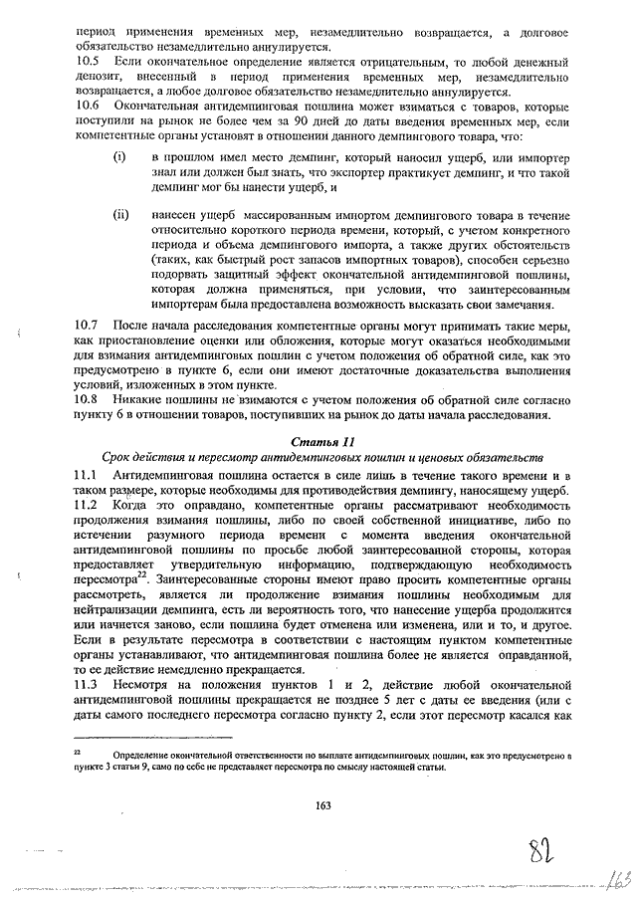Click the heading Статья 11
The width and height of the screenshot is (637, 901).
pyautogui.click(x=321, y=440)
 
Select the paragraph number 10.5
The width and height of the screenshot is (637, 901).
pyautogui.click(x=88, y=62)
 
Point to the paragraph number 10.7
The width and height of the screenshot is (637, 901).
pyautogui.click(x=88, y=326)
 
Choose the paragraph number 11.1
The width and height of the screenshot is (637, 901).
pyautogui.click(x=88, y=477)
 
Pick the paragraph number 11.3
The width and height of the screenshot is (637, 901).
pyautogui.click(x=88, y=686)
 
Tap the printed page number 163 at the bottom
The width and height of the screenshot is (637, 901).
pyautogui.click(x=321, y=804)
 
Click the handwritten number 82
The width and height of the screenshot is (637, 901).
pyautogui.click(x=539, y=851)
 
